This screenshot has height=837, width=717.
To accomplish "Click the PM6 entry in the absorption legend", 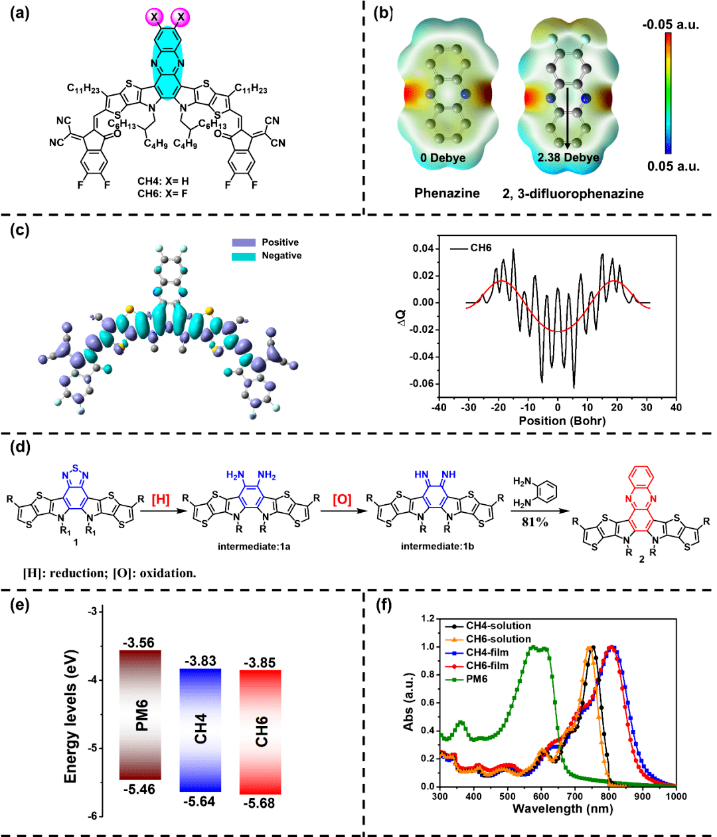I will point(477,679).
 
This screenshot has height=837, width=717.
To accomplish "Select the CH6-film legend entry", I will point(487,666).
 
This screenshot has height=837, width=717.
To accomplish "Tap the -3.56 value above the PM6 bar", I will point(138,642).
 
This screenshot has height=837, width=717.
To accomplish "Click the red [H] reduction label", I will point(161,500).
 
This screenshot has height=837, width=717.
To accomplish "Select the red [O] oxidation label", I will point(342,500).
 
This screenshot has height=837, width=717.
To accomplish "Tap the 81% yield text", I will point(535,522).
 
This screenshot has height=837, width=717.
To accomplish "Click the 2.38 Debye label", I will point(568,157).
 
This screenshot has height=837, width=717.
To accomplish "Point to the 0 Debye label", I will point(443,158).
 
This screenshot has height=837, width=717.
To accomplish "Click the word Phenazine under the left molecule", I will point(447,193).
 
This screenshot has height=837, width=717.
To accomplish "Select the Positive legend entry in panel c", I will point(279,242).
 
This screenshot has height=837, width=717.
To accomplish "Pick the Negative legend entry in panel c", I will point(281,256).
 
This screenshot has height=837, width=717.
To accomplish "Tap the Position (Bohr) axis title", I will point(562,420).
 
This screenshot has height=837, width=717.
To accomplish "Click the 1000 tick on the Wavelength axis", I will point(676,796).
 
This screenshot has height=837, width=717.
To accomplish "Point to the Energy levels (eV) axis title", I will point(71,715).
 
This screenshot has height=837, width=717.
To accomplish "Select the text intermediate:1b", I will point(436,547).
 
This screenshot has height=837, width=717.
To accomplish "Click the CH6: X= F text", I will point(163,193).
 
